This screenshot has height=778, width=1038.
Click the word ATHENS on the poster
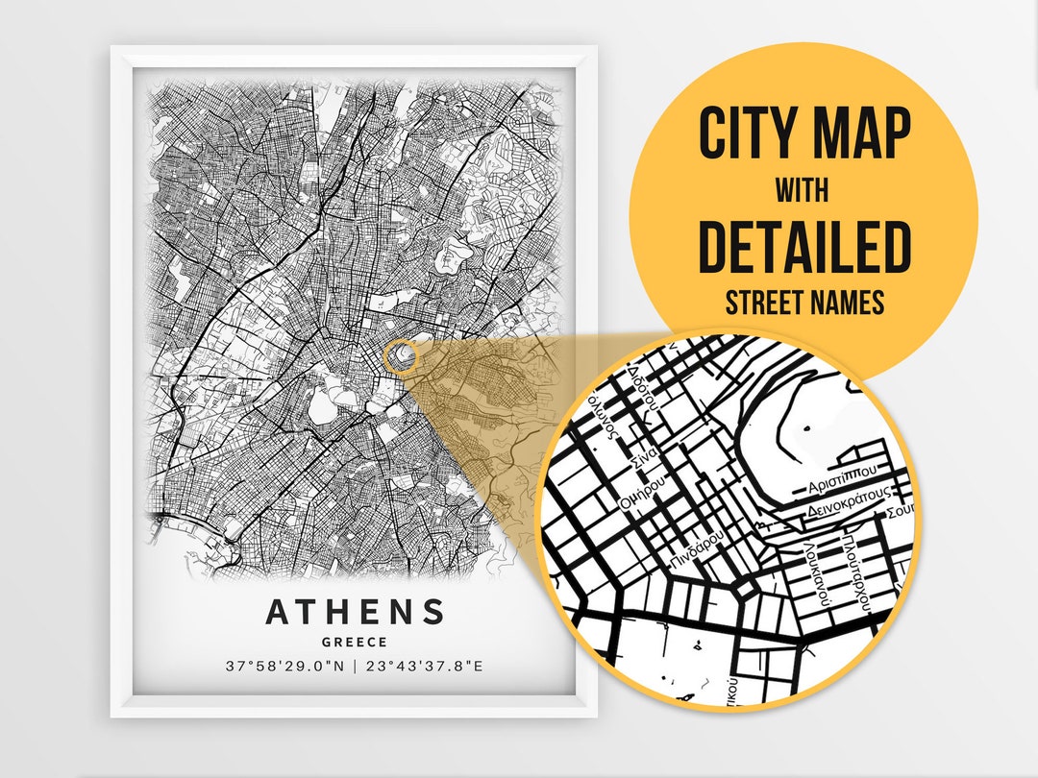[x=355, y=612]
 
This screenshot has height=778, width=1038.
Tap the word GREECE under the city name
[x=356, y=642]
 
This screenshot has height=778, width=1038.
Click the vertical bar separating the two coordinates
[x=355, y=666]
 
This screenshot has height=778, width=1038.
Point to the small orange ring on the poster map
[x=399, y=356]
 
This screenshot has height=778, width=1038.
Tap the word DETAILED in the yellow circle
[x=803, y=247]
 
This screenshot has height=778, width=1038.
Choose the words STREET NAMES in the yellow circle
[x=803, y=304]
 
